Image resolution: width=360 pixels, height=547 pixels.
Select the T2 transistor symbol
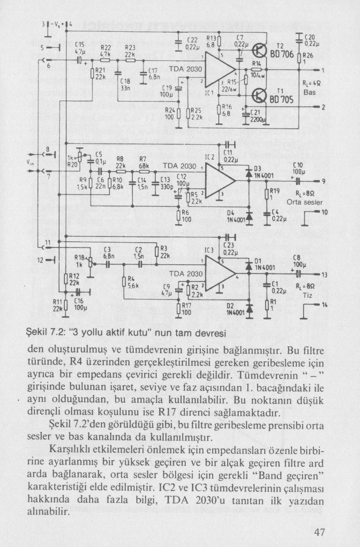coord(260,51)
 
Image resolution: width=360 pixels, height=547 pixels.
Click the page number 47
coord(320,532)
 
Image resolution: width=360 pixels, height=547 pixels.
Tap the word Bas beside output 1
coord(309,93)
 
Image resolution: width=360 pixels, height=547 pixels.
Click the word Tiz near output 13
coord(307,295)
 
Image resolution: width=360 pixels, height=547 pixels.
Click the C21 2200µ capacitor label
coord(257,116)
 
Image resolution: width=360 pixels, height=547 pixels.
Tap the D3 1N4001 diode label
coord(263,172)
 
